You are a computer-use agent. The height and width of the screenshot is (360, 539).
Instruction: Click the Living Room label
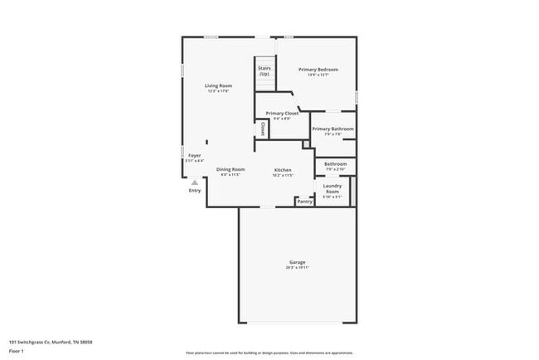pyautogui.click(x=219, y=85)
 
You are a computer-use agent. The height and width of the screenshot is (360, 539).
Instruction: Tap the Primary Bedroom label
pyautogui.click(x=318, y=70)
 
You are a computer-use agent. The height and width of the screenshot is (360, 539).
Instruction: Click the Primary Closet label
pyautogui.click(x=281, y=113)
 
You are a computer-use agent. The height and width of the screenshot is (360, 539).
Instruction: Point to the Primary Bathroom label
pyautogui.click(x=333, y=129)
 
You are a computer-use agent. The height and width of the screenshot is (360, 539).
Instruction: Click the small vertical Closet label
pyautogui.click(x=263, y=129)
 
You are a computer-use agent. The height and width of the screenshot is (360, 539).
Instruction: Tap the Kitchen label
pyautogui.click(x=283, y=169)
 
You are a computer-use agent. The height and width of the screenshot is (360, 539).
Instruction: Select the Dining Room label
pyautogui.click(x=231, y=169)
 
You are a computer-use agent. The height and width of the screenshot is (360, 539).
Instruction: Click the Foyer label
pyautogui.click(x=194, y=155)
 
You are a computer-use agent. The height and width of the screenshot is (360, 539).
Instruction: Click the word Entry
pyautogui.click(x=194, y=191)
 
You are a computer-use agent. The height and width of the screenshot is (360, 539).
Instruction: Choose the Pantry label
pyautogui.click(x=304, y=201)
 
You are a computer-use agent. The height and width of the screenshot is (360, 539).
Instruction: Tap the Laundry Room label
pyautogui.click(x=332, y=188)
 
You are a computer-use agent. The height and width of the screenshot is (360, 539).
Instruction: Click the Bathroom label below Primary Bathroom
pyautogui.click(x=335, y=164)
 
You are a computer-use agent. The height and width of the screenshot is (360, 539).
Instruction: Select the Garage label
pyautogui.click(x=297, y=262)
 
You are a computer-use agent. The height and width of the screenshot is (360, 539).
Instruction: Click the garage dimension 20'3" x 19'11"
pyautogui.click(x=297, y=268)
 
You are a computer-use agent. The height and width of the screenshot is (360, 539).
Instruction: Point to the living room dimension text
pyautogui.click(x=219, y=91)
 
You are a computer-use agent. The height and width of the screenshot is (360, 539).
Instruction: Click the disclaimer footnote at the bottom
pyautogui.click(x=269, y=353)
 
